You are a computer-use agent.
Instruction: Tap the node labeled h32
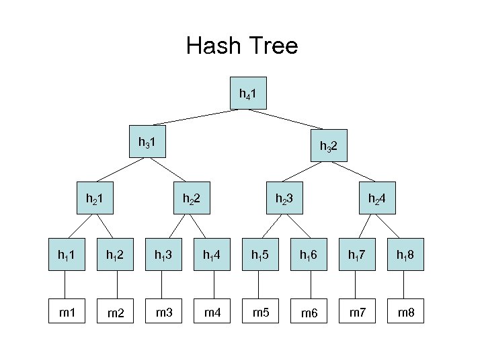[x=329, y=145]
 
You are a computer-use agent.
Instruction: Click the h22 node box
[x=192, y=198]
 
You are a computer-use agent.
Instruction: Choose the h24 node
[x=376, y=198]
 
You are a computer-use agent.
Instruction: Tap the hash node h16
[x=310, y=255]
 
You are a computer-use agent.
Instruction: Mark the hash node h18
[x=407, y=255]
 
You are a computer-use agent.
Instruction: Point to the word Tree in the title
[x=273, y=46]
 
